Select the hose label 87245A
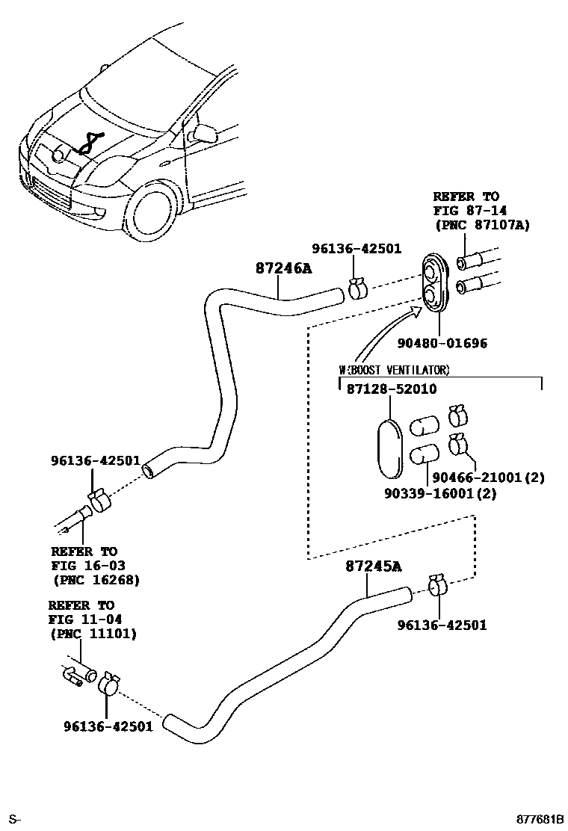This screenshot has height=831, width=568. click(373, 566)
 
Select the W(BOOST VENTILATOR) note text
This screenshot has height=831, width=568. click(394, 370)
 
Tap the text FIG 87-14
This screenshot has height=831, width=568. click(466, 211)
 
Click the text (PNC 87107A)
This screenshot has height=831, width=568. click(481, 224)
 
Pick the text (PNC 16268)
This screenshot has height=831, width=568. click(96, 579)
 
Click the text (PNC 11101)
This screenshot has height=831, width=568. click(93, 634)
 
